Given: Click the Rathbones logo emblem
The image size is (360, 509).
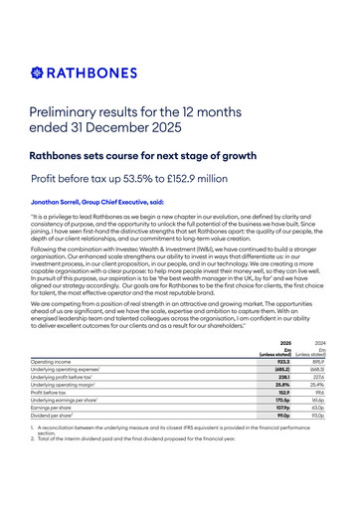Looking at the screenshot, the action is click(39, 72).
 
